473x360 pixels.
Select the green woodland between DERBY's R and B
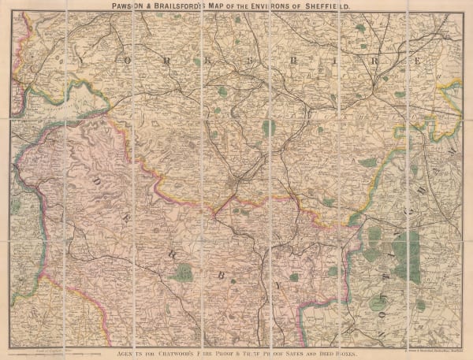(x=183, y=273)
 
